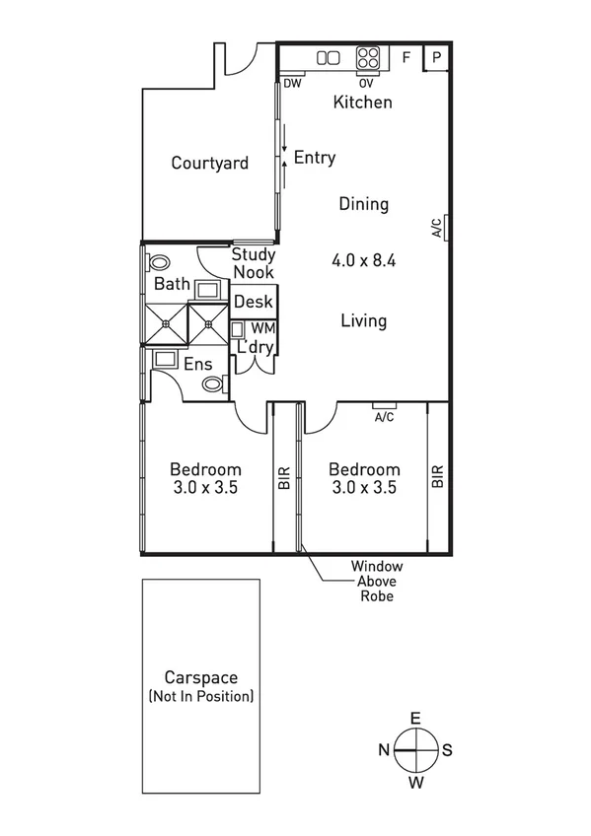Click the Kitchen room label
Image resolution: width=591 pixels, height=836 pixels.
point(362,103)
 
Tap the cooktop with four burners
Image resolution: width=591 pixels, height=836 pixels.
point(367,58)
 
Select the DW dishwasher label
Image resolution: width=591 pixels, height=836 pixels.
point(292,84)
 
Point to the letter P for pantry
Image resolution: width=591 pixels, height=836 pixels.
point(437,57)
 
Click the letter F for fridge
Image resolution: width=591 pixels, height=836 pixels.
point(405,57)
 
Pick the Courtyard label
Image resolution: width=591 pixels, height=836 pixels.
point(209,164)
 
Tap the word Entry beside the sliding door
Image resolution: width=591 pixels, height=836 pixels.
point(315,158)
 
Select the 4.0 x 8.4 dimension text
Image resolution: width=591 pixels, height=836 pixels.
point(363,261)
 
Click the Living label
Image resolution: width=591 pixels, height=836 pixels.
point(363,320)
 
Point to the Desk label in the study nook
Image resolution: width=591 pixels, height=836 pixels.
point(253,302)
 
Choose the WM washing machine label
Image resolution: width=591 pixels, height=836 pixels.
point(263,327)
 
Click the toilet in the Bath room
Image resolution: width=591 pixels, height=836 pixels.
point(157,264)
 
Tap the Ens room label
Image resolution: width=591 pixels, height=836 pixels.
point(197,365)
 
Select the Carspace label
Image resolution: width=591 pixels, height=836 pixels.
point(200,679)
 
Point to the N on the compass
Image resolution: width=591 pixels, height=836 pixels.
point(384,750)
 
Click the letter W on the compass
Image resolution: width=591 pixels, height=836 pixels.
point(416,783)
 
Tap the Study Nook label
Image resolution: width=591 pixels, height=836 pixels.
point(253,263)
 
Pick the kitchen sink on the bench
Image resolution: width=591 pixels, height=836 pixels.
point(328,58)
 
